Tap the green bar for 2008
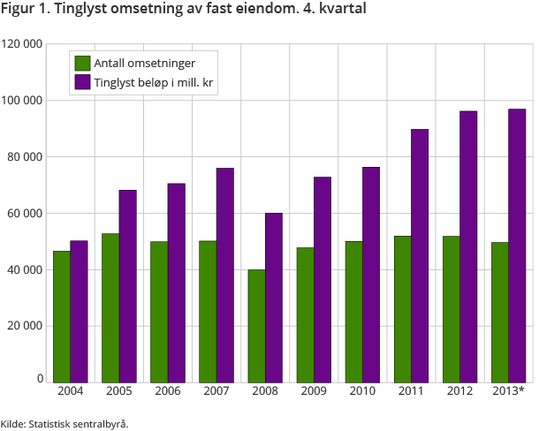[x=256, y=325]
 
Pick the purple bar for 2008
[x=274, y=297]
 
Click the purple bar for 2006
[x=177, y=282]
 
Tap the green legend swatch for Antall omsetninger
[x=83, y=63]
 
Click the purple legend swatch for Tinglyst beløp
[x=83, y=82]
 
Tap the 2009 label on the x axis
[x=314, y=391]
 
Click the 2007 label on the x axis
[x=216, y=391]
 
